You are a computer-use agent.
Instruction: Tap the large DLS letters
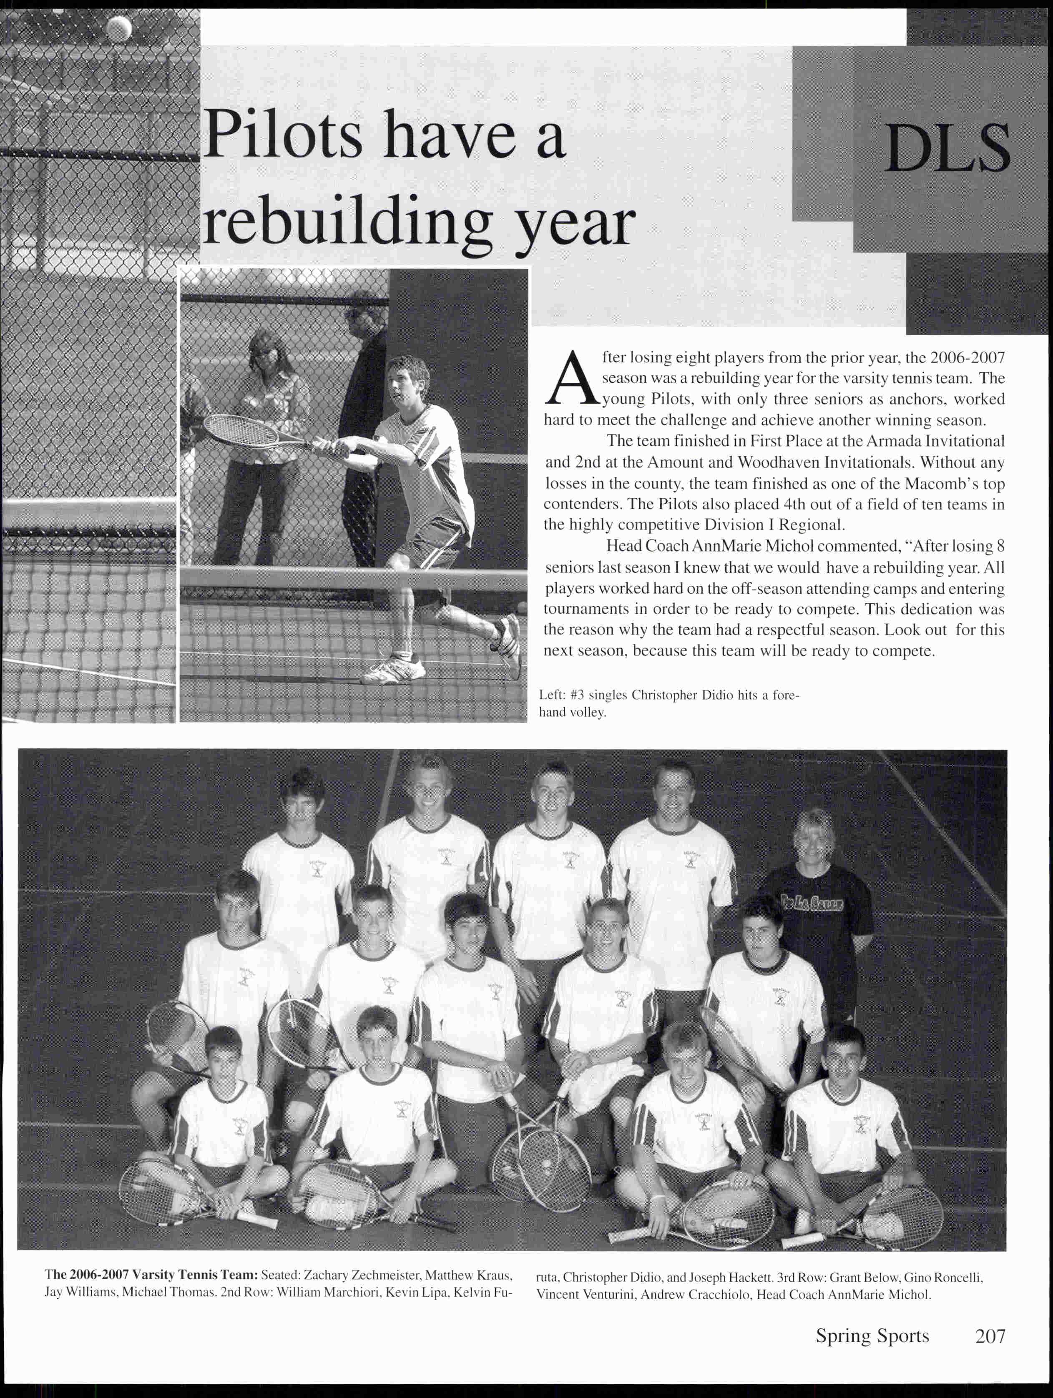pyautogui.click(x=946, y=149)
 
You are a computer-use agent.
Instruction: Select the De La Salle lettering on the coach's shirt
pyautogui.click(x=811, y=904)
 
